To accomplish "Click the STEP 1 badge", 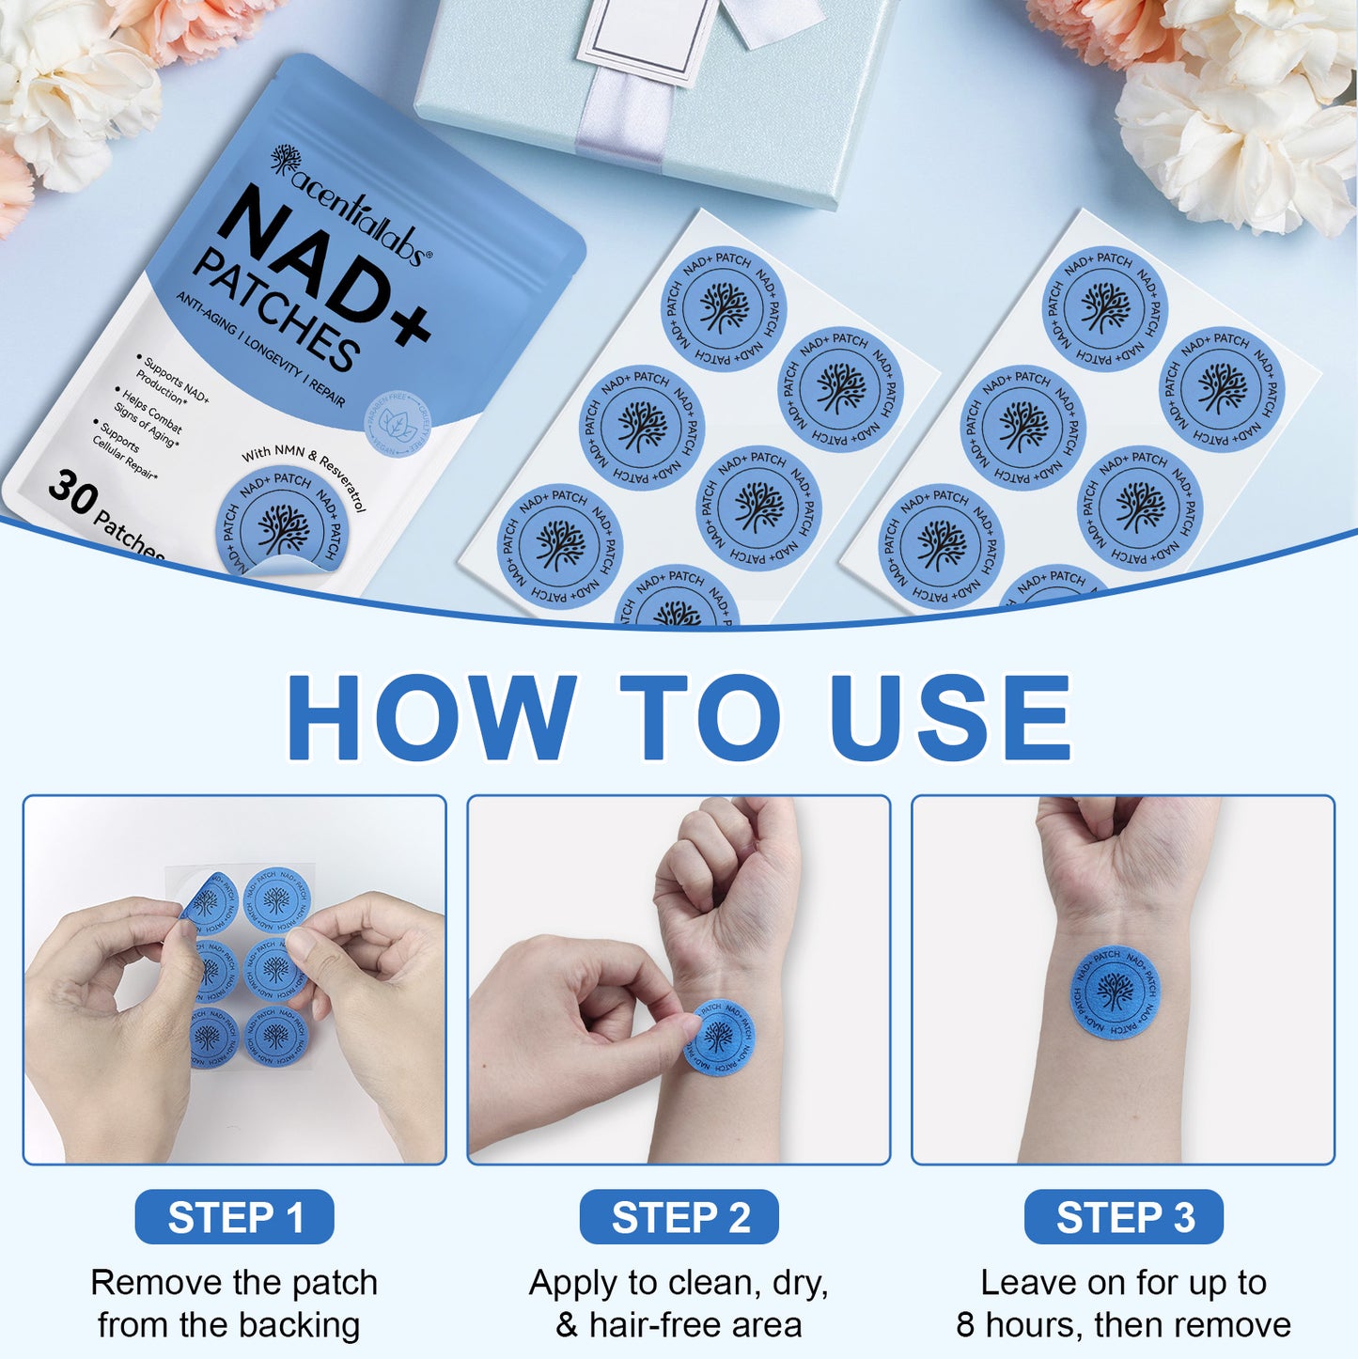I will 235,1217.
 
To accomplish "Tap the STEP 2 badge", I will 679,1217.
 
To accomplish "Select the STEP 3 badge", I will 1124,1217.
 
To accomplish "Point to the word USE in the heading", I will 950,716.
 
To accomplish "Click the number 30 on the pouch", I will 73,492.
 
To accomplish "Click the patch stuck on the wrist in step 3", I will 1115,992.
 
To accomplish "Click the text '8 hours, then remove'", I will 1123,1325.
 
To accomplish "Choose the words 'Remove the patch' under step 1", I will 234,1283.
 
